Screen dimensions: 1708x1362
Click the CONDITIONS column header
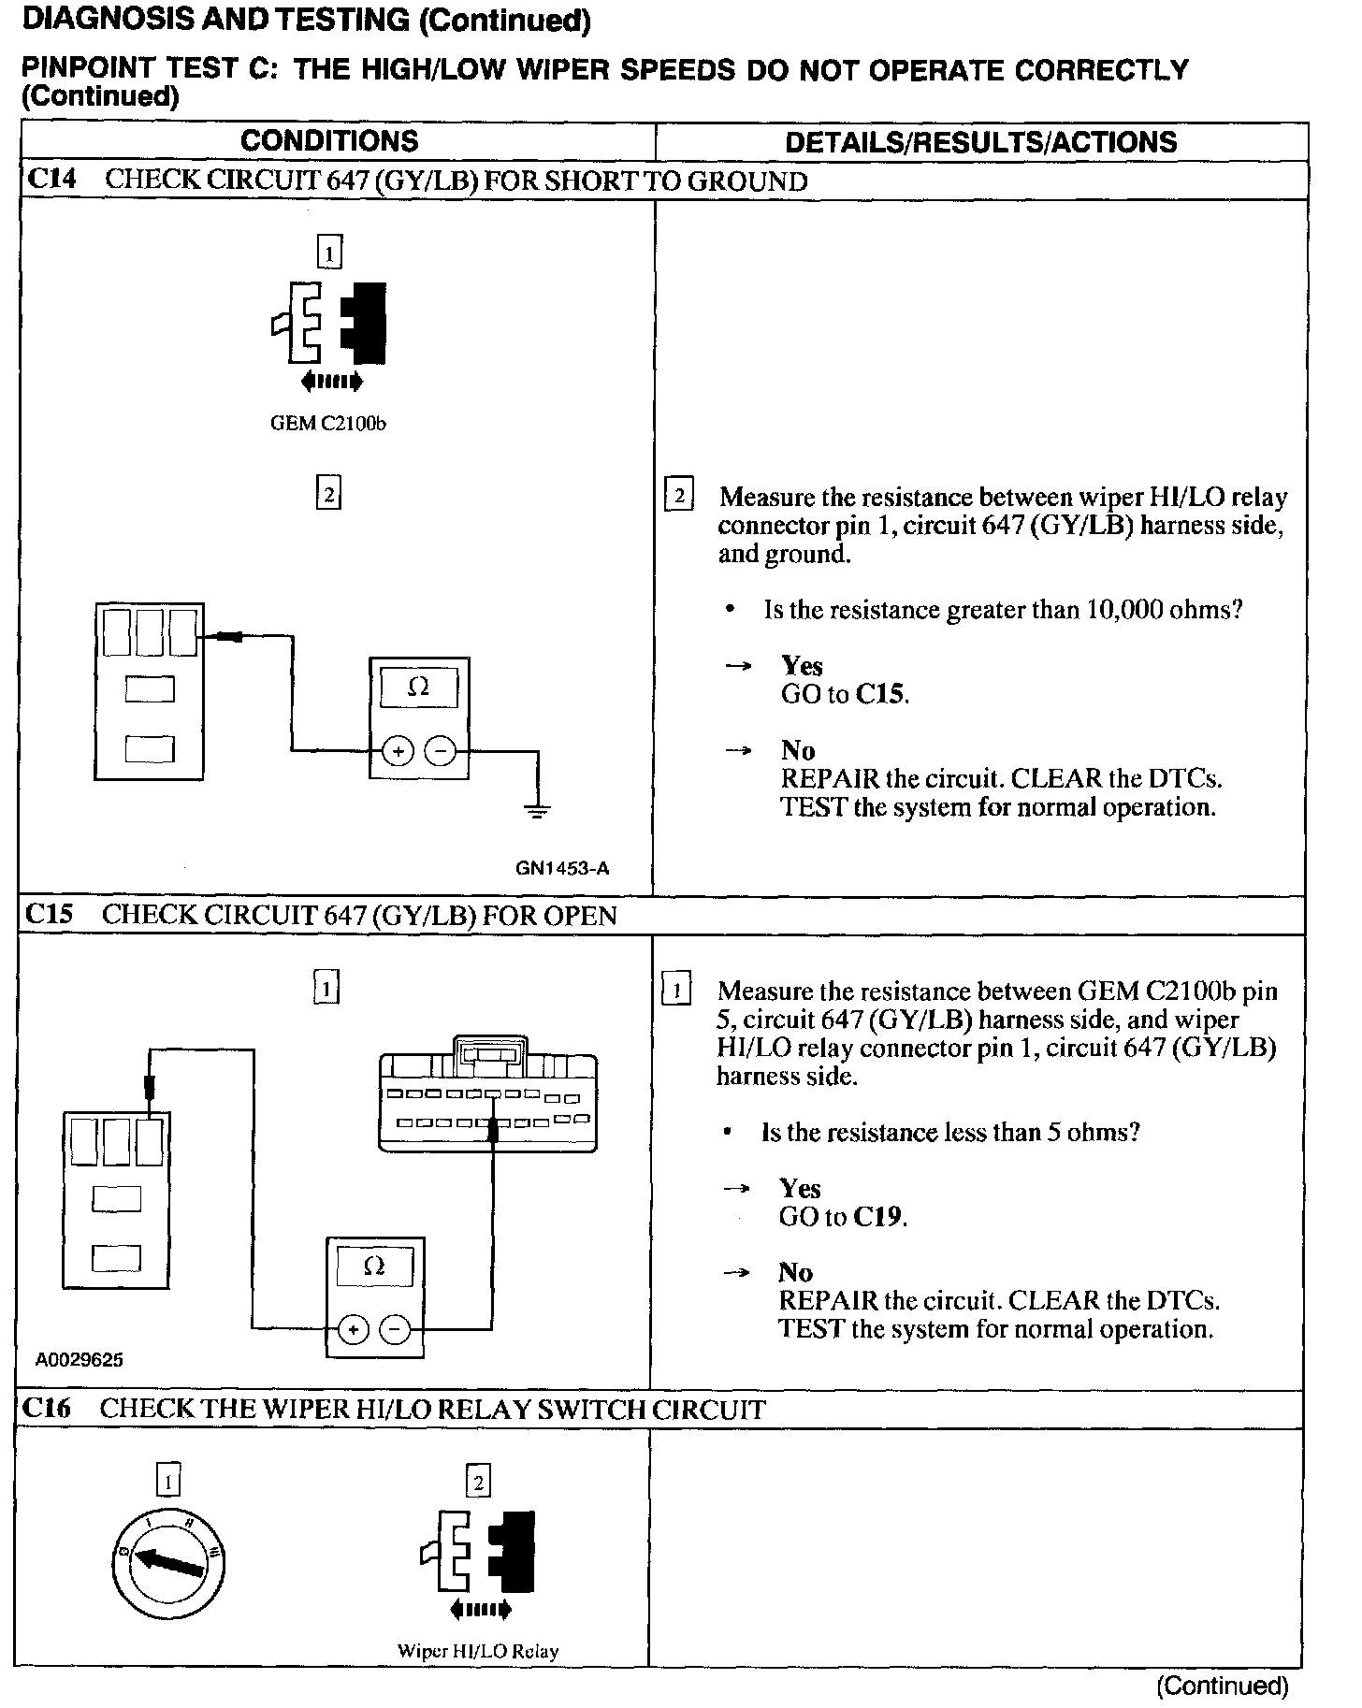point(329,141)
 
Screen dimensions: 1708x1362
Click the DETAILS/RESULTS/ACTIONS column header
point(980,142)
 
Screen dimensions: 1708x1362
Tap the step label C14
point(52,180)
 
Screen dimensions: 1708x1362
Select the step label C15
point(50,914)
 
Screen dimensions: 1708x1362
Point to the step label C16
point(48,1408)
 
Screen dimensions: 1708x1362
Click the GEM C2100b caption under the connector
point(328,424)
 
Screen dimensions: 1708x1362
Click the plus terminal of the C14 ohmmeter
point(398,751)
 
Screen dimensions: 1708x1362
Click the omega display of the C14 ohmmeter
point(418,688)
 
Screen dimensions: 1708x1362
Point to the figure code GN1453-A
point(562,868)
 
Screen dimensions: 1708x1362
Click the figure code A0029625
point(80,1360)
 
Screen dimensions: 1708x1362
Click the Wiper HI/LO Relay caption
point(478,1651)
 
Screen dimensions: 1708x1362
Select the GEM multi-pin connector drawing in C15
point(487,1094)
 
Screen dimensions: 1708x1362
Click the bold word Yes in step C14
point(802,666)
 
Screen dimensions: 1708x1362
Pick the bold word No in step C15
point(795,1272)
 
